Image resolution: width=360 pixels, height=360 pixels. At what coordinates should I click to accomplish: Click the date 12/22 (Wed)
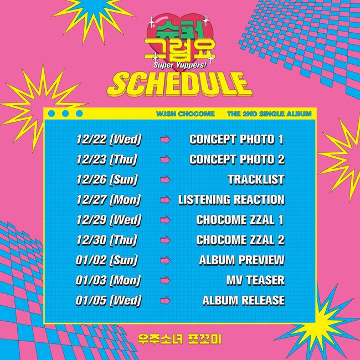[109, 140]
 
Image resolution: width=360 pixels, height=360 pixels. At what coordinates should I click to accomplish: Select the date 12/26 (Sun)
[107, 179]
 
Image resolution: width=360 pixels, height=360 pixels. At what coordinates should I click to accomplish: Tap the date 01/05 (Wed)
[109, 300]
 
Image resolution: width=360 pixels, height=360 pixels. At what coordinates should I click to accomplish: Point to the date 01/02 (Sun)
[106, 260]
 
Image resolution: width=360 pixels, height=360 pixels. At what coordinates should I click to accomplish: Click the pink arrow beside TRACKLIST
[165, 180]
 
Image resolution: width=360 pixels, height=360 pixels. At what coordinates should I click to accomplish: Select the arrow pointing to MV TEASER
[165, 280]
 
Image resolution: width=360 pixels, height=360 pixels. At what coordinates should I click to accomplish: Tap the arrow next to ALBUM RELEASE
[165, 301]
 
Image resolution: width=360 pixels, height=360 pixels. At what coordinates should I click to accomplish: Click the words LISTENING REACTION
[232, 200]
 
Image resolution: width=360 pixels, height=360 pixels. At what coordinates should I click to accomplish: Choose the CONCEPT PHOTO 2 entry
[237, 160]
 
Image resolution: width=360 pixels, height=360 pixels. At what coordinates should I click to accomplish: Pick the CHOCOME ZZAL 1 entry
[240, 220]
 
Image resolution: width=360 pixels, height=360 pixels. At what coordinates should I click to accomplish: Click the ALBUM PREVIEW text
[242, 260]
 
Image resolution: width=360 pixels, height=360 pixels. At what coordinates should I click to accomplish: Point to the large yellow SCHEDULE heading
[179, 84]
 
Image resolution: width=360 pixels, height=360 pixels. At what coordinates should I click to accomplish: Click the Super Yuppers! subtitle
[180, 65]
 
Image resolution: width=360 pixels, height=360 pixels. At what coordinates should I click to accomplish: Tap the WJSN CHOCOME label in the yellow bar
[186, 114]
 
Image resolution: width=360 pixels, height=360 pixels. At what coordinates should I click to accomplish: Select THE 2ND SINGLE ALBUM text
[269, 114]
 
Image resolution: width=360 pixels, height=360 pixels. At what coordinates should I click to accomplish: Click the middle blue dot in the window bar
[65, 114]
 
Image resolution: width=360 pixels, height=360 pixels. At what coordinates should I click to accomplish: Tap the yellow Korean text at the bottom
[179, 339]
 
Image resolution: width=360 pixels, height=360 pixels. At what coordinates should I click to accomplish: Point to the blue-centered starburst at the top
[93, 17]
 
